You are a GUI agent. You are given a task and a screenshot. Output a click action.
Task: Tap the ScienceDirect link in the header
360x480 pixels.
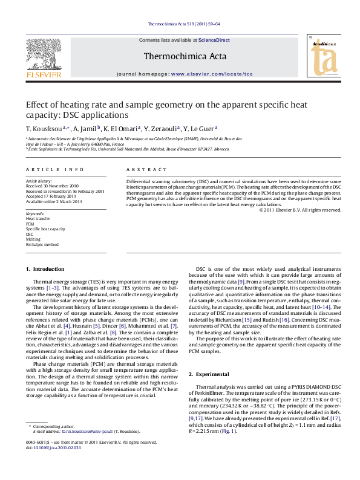[x=214, y=40]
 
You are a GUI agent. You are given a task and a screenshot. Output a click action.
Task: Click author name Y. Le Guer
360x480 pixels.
[x=199, y=129]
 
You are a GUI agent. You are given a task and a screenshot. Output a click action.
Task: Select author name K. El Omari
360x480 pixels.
[x=121, y=129]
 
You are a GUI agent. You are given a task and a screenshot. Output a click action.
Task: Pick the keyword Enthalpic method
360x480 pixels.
[x=42, y=245]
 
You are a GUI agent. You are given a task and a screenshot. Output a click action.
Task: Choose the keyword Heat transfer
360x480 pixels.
[x=38, y=218]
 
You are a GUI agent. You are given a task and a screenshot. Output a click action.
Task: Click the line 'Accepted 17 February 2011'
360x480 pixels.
[x=51, y=196]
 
